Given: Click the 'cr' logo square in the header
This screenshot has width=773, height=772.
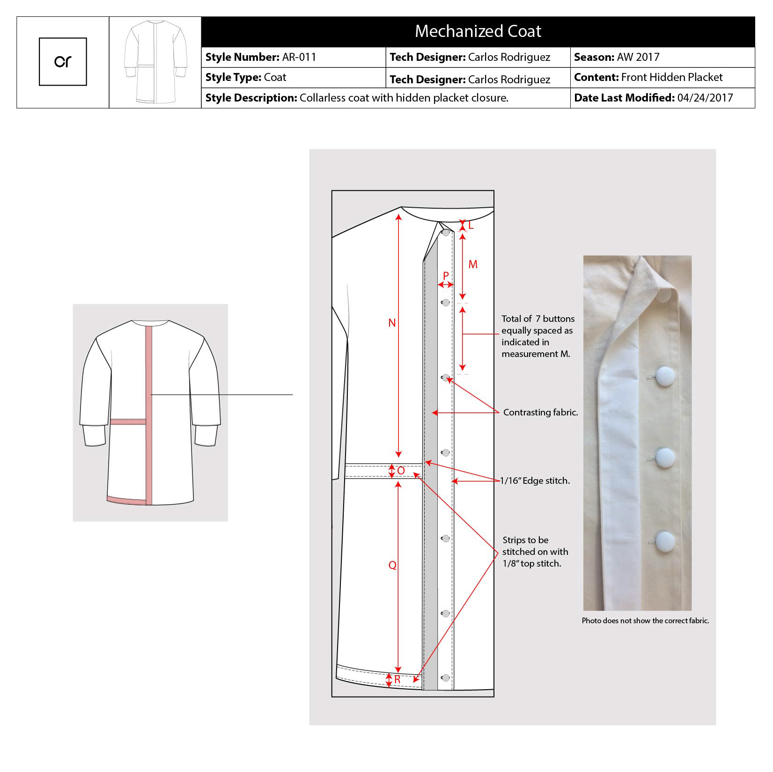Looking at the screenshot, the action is click(63, 62).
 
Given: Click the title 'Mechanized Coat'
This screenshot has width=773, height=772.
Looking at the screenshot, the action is click(478, 31).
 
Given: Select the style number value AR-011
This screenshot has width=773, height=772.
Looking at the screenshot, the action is click(299, 57).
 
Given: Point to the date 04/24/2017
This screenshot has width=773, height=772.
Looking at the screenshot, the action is click(705, 98).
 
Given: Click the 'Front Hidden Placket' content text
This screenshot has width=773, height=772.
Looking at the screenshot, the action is click(672, 77).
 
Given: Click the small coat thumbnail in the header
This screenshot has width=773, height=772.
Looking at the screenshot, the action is click(155, 62).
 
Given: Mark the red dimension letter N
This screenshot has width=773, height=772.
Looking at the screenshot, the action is click(392, 323).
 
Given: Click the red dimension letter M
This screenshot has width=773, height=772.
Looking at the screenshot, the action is click(473, 265).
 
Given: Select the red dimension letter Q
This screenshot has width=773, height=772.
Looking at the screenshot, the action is click(392, 565).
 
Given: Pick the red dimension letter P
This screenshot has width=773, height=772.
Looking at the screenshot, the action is click(446, 276).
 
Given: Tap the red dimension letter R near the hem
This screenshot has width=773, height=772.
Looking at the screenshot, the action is click(397, 679).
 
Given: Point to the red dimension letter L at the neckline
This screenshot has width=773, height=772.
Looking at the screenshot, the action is click(471, 226).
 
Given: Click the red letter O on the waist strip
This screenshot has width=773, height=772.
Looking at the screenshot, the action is click(401, 471).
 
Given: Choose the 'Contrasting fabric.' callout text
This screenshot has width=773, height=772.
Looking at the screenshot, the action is click(541, 413).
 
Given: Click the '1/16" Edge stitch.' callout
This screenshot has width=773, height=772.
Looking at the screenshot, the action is click(535, 481).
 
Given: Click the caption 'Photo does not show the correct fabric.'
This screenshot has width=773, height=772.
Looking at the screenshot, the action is click(646, 621).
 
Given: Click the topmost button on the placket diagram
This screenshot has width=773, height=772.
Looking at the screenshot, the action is click(446, 233).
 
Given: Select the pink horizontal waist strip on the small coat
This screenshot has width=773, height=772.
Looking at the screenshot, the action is click(128, 422).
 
